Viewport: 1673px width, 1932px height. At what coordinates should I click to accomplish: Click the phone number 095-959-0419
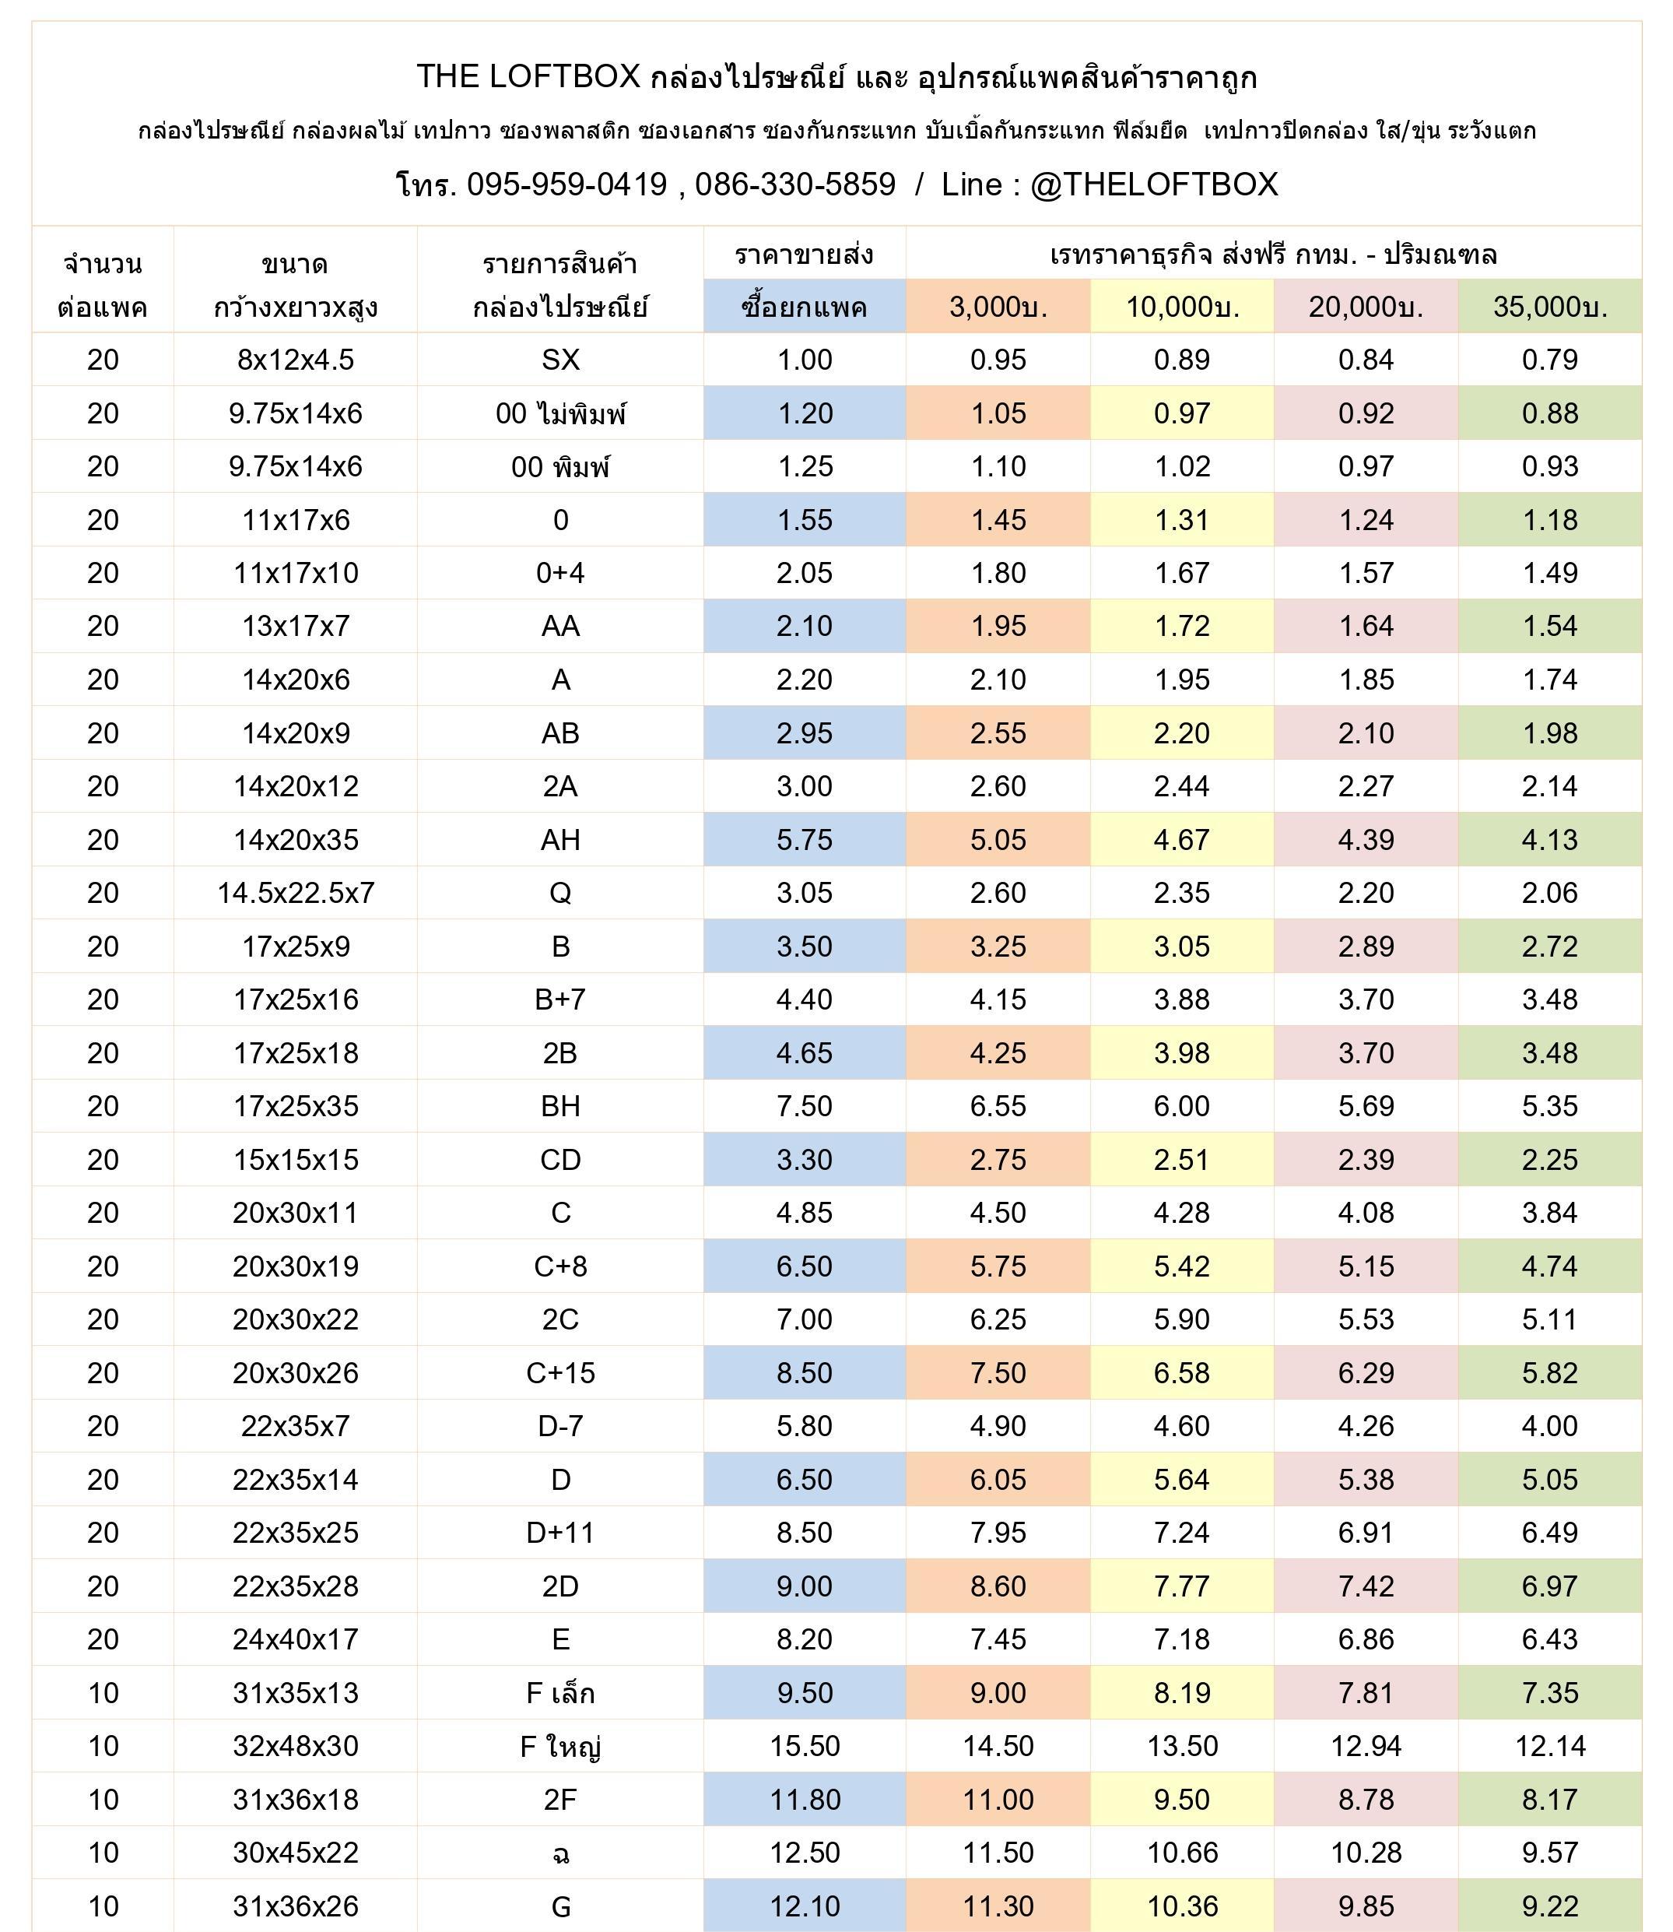[566, 185]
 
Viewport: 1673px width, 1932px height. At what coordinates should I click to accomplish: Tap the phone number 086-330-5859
[794, 185]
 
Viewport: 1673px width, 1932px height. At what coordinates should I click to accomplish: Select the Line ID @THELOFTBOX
[1154, 185]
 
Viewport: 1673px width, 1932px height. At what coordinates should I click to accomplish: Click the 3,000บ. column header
[998, 306]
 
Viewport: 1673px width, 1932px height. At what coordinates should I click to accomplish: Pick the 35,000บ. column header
[1550, 306]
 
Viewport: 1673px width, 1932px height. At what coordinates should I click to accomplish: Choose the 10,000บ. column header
[1182, 306]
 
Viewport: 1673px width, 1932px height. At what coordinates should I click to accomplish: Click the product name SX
[560, 360]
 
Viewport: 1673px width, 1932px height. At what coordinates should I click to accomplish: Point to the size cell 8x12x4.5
[295, 360]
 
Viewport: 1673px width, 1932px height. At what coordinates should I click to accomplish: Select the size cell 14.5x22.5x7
[295, 893]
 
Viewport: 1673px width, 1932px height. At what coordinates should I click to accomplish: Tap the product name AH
[560, 839]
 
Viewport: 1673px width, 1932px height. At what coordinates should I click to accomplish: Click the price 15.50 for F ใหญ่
[804, 1746]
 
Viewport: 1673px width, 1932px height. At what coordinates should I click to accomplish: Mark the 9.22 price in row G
[1550, 1906]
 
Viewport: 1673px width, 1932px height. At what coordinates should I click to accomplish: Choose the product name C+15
[560, 1372]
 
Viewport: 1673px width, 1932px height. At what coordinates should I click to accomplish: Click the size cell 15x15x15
[295, 1160]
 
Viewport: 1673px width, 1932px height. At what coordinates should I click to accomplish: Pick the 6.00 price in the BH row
[1182, 1105]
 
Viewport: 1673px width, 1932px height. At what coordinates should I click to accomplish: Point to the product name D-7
[560, 1426]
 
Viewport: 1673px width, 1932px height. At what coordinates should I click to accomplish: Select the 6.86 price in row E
[1366, 1639]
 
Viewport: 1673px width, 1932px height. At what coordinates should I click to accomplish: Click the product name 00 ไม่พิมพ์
[560, 413]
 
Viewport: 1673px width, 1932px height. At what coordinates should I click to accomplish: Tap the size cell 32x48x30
[295, 1746]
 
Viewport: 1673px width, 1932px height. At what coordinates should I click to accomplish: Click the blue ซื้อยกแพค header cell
[804, 306]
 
